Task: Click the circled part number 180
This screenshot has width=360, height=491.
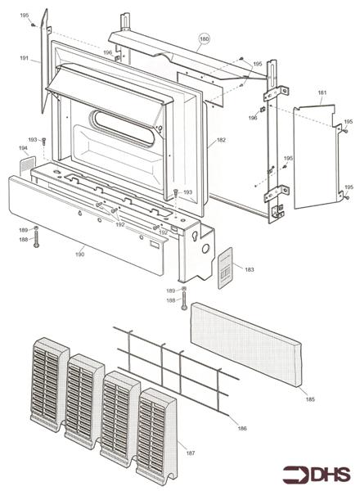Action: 204,38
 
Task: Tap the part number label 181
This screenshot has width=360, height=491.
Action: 322,92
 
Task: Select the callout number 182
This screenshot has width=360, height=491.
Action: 221,140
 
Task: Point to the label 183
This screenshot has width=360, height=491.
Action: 250,269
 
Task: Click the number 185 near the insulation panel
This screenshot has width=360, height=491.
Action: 310,399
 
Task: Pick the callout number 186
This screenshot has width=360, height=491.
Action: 242,428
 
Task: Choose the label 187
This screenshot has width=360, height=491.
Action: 191,453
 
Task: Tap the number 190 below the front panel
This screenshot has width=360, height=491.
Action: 80,255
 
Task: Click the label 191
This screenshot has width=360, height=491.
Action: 24,58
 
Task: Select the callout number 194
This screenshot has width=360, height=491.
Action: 23,148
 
